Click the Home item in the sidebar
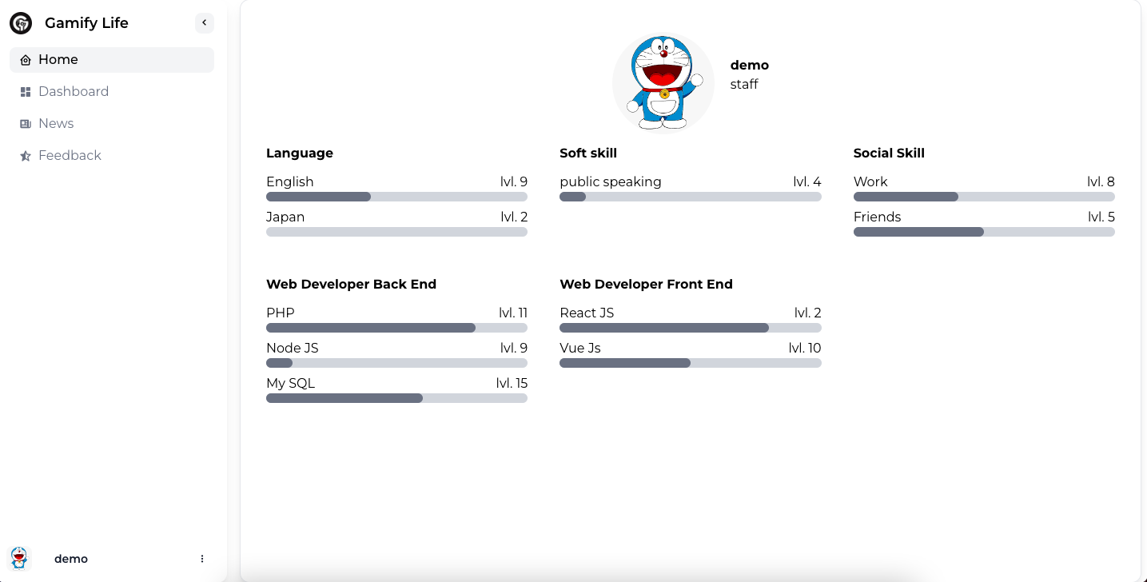pyautogui.click(x=58, y=60)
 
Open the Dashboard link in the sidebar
pyautogui.click(x=73, y=92)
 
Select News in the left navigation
pyautogui.click(x=56, y=124)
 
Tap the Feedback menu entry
pyautogui.click(x=70, y=156)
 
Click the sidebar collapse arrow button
pyautogui.click(x=205, y=23)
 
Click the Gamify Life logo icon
pyautogui.click(x=21, y=23)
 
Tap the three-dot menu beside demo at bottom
pyautogui.click(x=202, y=559)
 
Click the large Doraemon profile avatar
pyautogui.click(x=663, y=82)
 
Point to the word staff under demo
pyautogui.click(x=744, y=85)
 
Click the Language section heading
pyautogui.click(x=300, y=153)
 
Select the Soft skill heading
pyautogui.click(x=588, y=153)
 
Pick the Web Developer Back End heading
pyautogui.click(x=351, y=285)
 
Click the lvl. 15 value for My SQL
pyautogui.click(x=512, y=384)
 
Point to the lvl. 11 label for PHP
pyautogui.click(x=513, y=313)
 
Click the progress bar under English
pyautogui.click(x=396, y=197)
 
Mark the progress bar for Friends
pyautogui.click(x=984, y=232)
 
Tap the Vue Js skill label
pyautogui.click(x=580, y=349)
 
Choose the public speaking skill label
pyautogui.click(x=611, y=182)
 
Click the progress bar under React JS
pyautogui.click(x=691, y=328)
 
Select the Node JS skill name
pyautogui.click(x=293, y=349)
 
